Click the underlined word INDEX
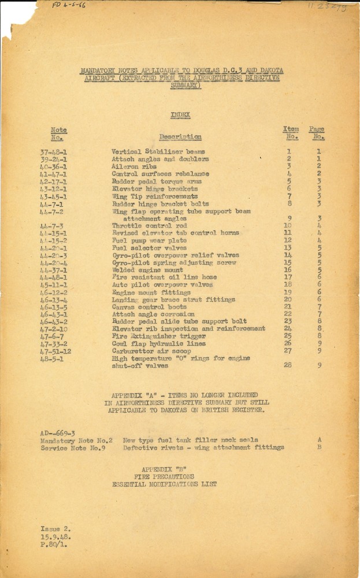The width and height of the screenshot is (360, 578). pos(180,115)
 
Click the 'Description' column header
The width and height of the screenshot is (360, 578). pos(180,137)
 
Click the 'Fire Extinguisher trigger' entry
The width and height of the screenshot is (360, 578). pos(151,336)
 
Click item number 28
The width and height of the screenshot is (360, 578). pos(287,365)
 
